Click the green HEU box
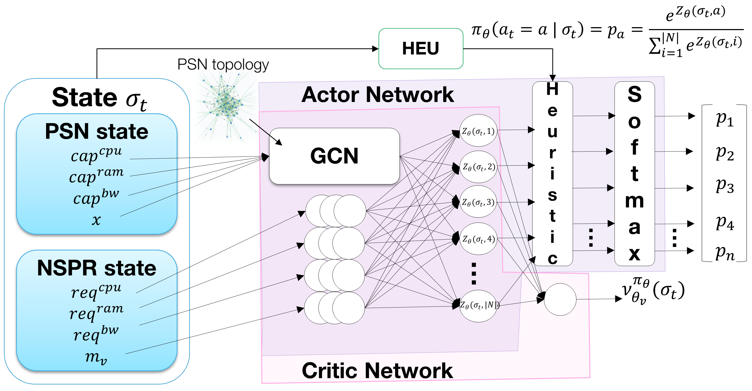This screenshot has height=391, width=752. pos(420,48)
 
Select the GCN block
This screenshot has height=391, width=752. pos(334,156)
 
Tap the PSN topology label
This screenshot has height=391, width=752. pos(223,64)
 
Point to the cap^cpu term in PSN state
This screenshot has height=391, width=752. pos(96,155)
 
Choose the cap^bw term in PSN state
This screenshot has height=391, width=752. pos(96,197)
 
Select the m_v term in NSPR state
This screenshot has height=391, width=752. pos(96,357)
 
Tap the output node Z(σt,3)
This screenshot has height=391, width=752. pos(478,202)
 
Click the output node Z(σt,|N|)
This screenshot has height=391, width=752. pos(478,306)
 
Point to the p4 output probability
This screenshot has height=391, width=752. pos(725,223)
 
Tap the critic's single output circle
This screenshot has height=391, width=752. pos(560,299)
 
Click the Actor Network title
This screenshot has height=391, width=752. pos(378,95)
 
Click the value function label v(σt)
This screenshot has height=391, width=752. pos(653,291)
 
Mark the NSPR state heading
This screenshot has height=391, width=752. pos(97,268)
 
